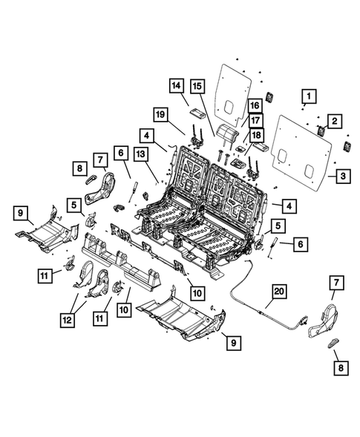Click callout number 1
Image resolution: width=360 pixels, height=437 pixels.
308,96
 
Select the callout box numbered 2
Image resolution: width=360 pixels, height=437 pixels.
335,119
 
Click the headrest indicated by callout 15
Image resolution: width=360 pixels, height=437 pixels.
229,134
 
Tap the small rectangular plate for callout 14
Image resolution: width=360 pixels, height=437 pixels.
197,113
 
